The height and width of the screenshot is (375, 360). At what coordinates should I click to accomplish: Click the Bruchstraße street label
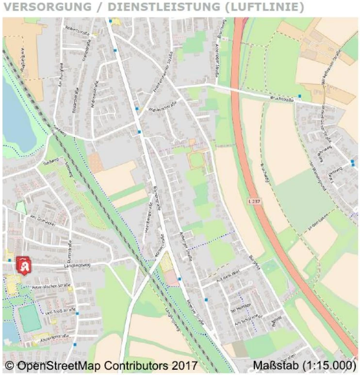click(x=280, y=99)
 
